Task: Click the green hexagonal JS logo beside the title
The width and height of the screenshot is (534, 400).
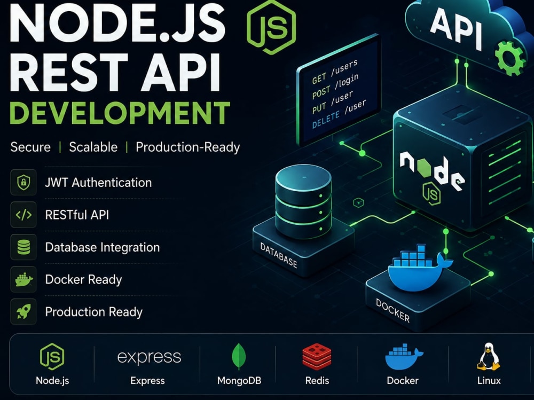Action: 271,28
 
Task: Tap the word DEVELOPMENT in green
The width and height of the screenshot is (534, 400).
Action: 120,113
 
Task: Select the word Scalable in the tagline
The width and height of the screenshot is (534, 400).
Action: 93,147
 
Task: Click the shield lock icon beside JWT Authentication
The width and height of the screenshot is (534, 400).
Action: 23,182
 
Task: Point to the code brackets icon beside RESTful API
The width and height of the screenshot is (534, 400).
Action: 23,215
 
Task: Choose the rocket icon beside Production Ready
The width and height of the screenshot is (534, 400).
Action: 23,311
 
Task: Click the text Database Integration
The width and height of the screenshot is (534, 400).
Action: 103,247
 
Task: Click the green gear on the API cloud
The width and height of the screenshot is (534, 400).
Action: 510,58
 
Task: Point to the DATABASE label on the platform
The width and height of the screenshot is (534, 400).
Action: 279,255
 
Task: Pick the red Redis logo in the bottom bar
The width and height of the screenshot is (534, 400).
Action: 317,357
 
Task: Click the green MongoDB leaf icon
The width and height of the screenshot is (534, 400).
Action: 239,356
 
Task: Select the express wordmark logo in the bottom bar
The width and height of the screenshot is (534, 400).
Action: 149,357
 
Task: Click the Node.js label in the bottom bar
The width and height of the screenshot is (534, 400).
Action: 52,380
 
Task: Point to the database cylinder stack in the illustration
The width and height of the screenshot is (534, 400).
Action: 303,201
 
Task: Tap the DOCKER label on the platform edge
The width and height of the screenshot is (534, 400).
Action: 392,310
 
